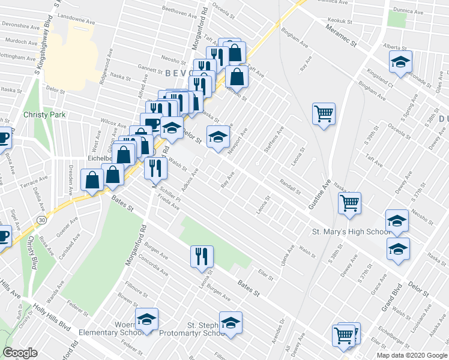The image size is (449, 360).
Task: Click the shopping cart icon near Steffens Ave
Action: coord(324,113)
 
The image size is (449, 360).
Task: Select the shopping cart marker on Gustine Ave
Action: coord(349,202)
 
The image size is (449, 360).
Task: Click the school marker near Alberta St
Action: coord(400,61)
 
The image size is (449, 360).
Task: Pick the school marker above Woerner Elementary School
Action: coord(146,321)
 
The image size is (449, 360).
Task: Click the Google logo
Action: coord(20,353)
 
